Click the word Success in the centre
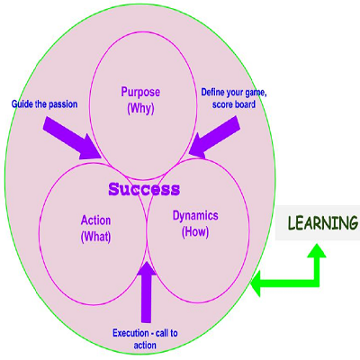pyautogui.click(x=144, y=189)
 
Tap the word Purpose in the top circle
pyautogui.click(x=140, y=92)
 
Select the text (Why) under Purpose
pyautogui.click(x=140, y=109)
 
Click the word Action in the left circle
pyautogui.click(x=95, y=220)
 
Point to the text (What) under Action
pyautogui.click(x=95, y=237)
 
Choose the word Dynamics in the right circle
pyautogui.click(x=195, y=216)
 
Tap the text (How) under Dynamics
pyautogui.click(x=195, y=232)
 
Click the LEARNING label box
pyautogui.click(x=318, y=223)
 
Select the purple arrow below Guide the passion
pyautogui.click(x=73, y=139)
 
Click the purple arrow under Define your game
pyautogui.click(x=214, y=137)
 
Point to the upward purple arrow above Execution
pyautogui.click(x=146, y=292)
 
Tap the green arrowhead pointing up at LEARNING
pyautogui.click(x=317, y=250)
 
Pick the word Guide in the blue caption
pyautogui.click(x=19, y=104)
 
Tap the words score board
pyautogui.click(x=234, y=104)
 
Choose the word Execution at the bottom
pyautogui.click(x=130, y=333)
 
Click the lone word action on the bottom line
pyautogui.click(x=145, y=346)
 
